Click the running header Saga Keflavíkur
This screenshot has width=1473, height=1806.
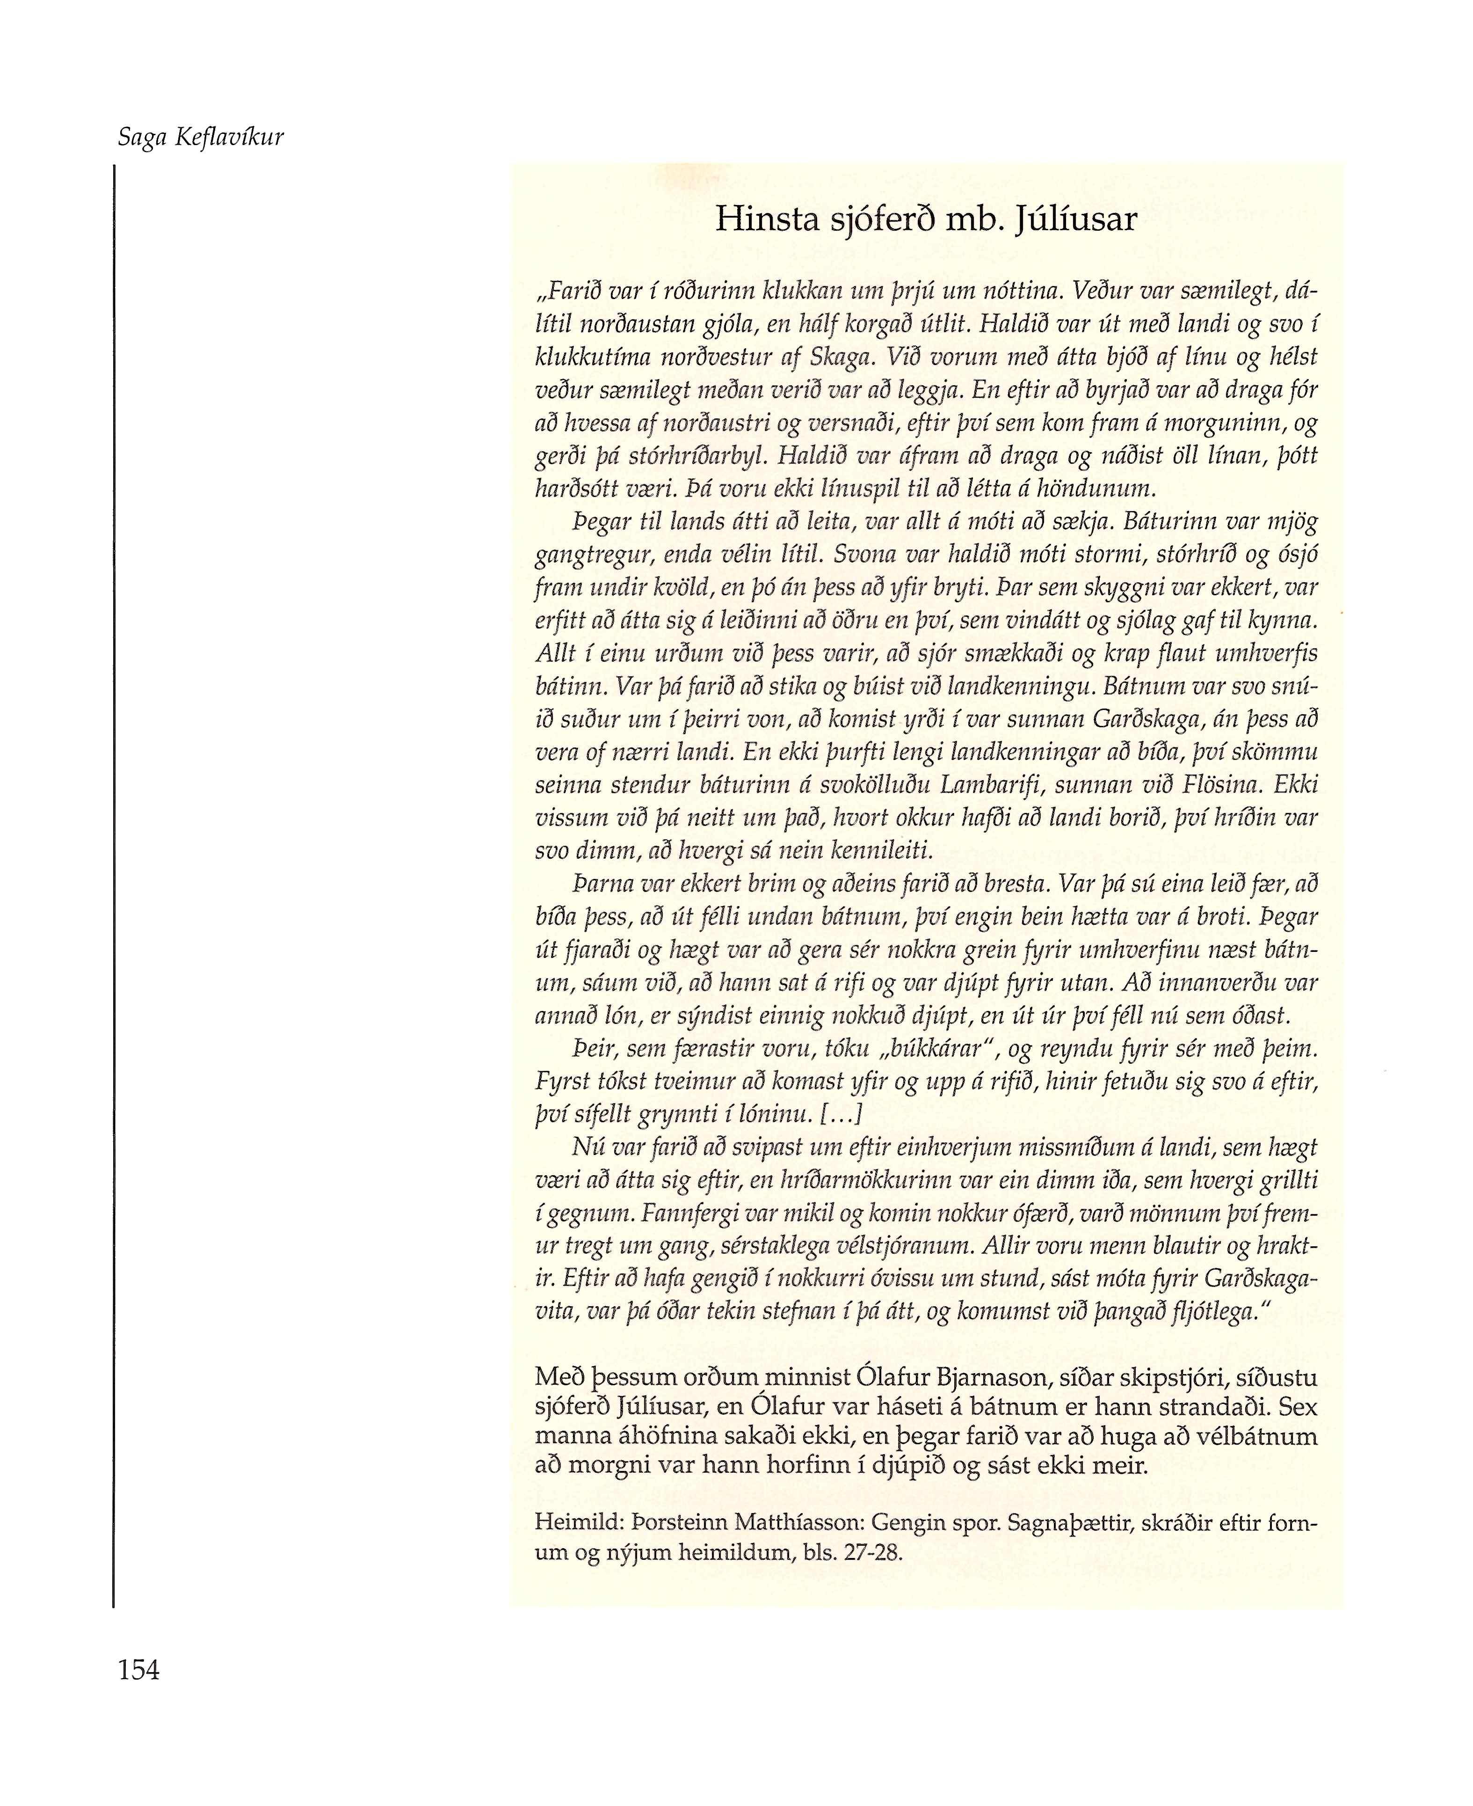coord(200,138)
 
